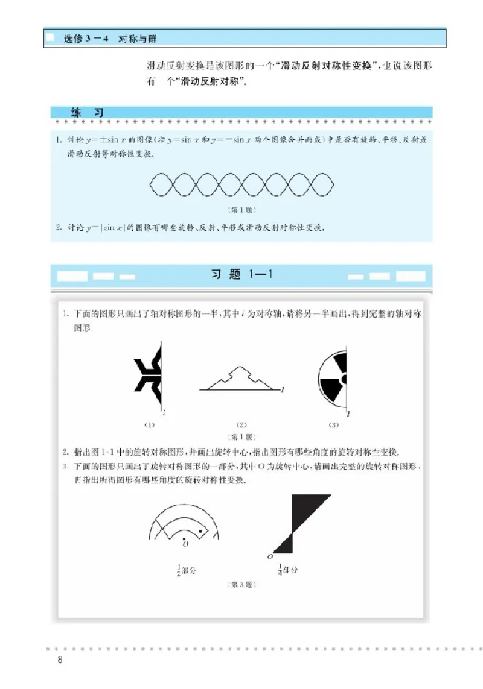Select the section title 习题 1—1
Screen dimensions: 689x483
click(241, 275)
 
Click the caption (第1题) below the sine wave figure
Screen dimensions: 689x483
click(241, 210)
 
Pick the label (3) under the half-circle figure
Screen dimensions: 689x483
click(333, 424)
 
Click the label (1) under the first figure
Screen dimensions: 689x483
click(149, 424)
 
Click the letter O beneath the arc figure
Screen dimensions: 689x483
click(185, 544)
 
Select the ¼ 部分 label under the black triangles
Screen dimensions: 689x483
click(288, 570)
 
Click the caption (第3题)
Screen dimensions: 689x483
click(241, 585)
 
